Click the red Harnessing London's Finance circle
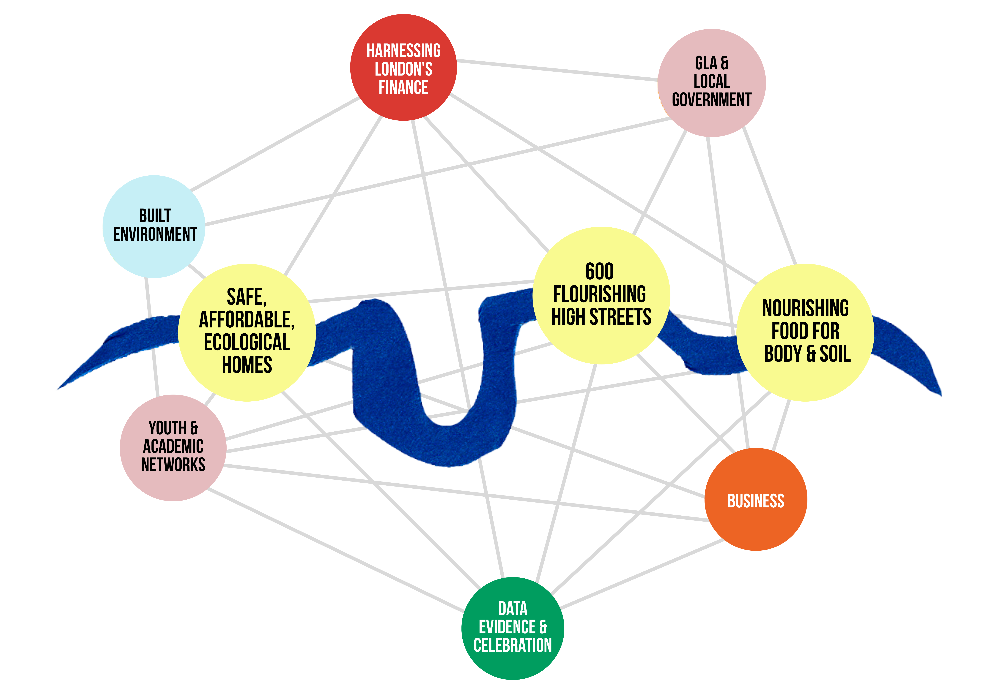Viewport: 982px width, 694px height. tap(403, 68)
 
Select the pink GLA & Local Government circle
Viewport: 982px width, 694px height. tap(712, 83)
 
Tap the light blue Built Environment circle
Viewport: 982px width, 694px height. tap(154, 227)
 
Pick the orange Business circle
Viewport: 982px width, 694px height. tap(756, 499)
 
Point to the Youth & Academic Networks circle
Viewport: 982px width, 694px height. tap(173, 448)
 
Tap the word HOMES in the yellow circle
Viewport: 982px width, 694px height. tap(247, 365)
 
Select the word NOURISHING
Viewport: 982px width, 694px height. tap(805, 308)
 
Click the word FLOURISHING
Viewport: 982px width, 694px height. tap(600, 294)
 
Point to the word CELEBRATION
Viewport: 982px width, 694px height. tap(513, 645)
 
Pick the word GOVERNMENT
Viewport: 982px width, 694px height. tap(712, 100)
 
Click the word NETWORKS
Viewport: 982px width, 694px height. tap(173, 464)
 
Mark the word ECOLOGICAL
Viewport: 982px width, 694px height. tap(247, 342)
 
